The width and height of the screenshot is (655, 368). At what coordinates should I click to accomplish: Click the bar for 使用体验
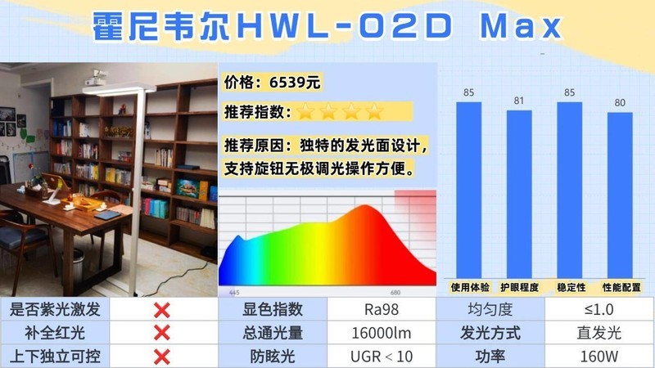pos(468,190)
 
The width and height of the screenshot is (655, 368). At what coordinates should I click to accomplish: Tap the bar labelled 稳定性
pos(570,190)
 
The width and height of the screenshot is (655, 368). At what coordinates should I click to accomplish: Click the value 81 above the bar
pos(519,101)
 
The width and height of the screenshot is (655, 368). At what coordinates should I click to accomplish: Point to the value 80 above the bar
pos(620,103)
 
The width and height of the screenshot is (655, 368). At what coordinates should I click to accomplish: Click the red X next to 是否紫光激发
pos(162,310)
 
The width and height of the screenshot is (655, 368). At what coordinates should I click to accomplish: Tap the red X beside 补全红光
pos(162,333)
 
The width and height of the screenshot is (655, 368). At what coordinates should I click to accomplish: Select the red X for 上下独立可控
pos(162,357)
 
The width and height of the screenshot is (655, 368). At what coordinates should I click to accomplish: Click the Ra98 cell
pos(381,310)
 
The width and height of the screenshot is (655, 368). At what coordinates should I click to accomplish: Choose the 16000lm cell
pos(381,333)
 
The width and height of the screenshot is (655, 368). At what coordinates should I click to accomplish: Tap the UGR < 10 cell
pos(381,357)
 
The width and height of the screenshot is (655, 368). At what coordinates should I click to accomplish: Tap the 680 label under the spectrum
pos(395,292)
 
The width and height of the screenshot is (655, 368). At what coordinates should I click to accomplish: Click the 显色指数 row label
pos(273,310)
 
